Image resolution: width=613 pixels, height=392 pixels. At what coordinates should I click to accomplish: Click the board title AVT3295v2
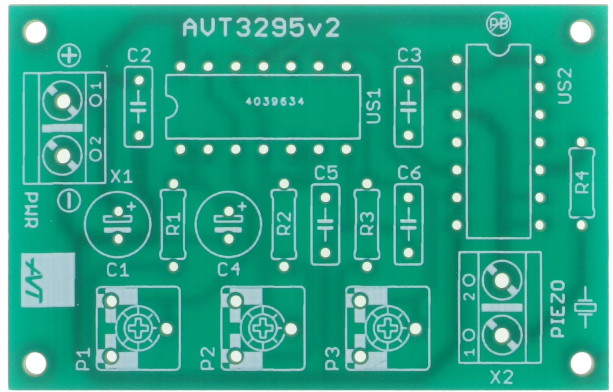pos(261,28)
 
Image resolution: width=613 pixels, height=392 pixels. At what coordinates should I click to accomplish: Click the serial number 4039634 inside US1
pos(275,102)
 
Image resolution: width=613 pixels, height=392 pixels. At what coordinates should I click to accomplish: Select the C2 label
pos(139,56)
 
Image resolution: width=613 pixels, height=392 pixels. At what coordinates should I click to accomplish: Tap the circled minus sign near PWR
pos(69,201)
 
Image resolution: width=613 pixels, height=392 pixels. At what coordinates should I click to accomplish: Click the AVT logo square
pos(48,280)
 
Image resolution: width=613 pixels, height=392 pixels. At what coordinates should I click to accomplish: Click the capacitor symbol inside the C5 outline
pos(325,225)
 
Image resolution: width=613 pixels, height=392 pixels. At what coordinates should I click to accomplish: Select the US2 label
pos(565,86)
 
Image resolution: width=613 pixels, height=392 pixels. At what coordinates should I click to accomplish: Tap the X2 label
pos(502,377)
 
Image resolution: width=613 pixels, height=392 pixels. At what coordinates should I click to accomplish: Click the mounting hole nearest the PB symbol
pos(581,31)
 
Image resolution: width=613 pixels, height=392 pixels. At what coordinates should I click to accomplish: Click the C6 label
pos(409,173)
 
